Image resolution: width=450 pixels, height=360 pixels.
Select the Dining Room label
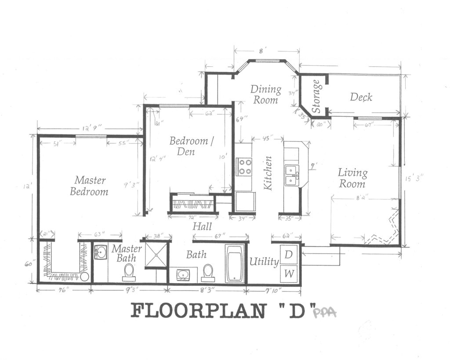(266, 94)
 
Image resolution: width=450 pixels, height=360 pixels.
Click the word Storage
(316, 96)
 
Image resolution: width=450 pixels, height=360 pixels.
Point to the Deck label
(361, 97)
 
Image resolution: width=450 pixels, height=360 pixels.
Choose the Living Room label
(352, 178)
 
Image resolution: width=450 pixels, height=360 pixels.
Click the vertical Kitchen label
(268, 173)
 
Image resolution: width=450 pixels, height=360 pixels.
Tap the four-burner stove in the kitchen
(245, 167)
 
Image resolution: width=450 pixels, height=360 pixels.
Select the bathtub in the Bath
(236, 263)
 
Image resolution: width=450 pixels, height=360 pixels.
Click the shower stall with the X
(156, 254)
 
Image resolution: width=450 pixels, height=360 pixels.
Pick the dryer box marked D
(289, 254)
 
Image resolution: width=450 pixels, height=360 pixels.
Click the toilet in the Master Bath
(129, 272)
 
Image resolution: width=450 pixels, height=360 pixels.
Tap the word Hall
(202, 227)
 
